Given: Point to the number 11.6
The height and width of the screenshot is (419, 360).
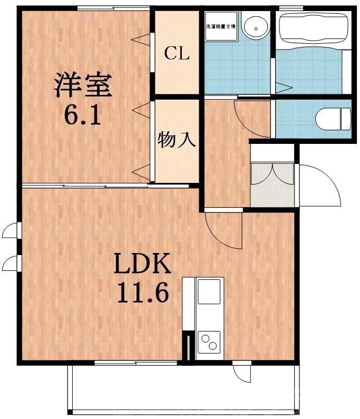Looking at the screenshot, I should coord(142,293).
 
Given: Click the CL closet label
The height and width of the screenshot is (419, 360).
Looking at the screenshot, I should coord(177,53).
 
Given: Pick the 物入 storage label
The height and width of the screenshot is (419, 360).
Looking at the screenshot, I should coord(177,140).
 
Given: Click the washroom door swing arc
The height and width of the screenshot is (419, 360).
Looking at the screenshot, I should coord(252,116).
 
